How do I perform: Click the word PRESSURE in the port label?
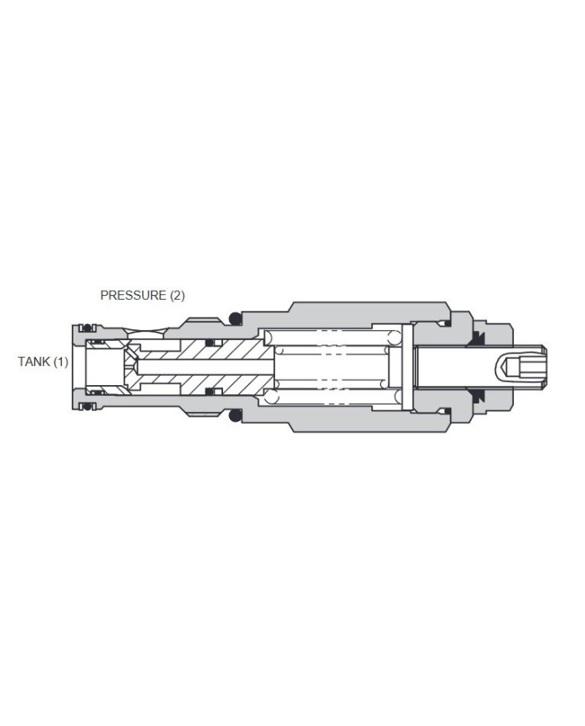click(x=133, y=295)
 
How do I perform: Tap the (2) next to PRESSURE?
click(x=176, y=295)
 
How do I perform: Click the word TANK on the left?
click(x=34, y=362)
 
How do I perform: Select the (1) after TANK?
click(x=60, y=362)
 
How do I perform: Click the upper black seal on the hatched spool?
click(x=210, y=343)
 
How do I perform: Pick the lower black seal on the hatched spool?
click(x=210, y=393)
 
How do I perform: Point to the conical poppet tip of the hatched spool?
click(x=130, y=365)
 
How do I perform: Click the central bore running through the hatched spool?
click(x=201, y=365)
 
